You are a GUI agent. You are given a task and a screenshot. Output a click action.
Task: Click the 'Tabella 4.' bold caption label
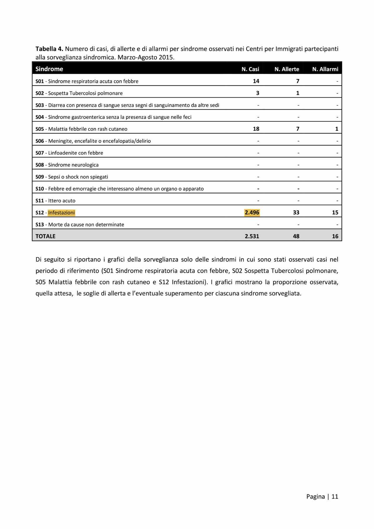click(x=49, y=49)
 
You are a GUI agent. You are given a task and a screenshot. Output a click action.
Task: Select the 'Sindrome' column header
click(x=49, y=69)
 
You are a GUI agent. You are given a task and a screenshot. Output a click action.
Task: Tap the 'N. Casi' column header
click(x=250, y=69)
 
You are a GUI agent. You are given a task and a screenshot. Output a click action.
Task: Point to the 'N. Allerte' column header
click(x=287, y=69)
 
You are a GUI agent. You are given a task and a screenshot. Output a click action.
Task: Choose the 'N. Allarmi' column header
click(x=325, y=69)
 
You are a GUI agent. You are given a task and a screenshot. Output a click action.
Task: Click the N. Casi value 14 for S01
click(x=256, y=81)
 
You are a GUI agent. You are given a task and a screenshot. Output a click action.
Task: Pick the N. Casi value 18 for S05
click(x=256, y=129)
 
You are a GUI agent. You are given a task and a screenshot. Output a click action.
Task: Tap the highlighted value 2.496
click(x=252, y=213)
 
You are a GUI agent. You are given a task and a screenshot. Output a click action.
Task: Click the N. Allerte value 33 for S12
click(x=296, y=213)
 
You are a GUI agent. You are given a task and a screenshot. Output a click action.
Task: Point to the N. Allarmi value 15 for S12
click(x=335, y=213)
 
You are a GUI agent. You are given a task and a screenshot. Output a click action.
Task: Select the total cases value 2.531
click(x=252, y=236)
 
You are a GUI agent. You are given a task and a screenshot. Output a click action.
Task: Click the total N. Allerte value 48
click(x=296, y=236)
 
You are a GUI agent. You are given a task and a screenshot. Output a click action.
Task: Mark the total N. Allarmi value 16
click(x=335, y=236)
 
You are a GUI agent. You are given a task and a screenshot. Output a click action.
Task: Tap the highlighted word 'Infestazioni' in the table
click(x=62, y=213)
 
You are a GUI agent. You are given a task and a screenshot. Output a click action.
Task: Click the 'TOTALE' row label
click(x=45, y=236)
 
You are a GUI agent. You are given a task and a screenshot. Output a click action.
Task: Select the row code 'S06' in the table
click(x=40, y=141)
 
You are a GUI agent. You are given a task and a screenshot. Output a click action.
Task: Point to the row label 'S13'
click(x=40, y=225)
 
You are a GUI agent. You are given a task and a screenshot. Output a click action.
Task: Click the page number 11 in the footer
click(x=335, y=496)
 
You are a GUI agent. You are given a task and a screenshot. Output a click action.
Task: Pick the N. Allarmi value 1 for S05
click(x=337, y=129)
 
